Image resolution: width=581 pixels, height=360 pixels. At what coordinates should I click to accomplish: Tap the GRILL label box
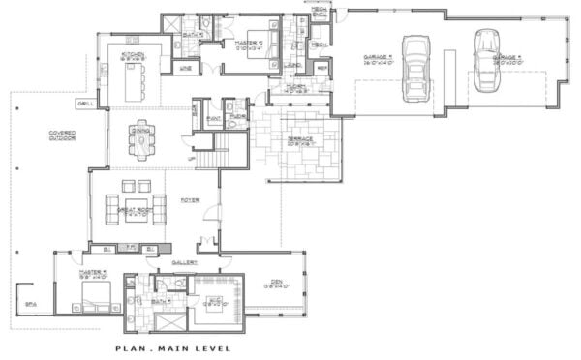tap(84, 103)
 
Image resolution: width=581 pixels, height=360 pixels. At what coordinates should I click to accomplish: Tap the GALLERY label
tap(185, 262)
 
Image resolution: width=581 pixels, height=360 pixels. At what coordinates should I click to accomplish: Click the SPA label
tap(30, 303)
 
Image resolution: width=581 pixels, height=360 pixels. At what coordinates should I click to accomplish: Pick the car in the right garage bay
tap(485, 58)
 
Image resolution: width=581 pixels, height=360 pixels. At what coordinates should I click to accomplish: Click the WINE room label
tap(187, 68)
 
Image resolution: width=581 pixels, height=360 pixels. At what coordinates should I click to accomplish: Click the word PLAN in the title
tap(129, 348)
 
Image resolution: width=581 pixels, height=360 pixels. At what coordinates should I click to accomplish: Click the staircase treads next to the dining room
tap(229, 150)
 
